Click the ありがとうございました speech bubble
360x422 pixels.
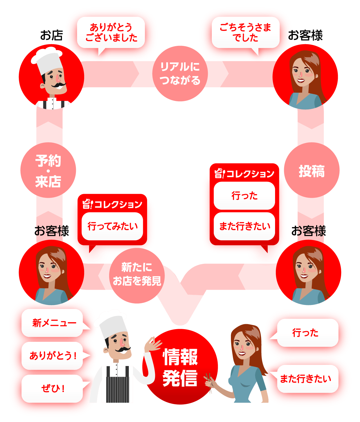click(111, 32)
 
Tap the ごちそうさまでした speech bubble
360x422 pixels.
click(245, 32)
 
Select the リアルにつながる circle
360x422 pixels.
click(180, 73)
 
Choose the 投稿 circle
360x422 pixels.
click(312, 170)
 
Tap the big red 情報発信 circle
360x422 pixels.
click(180, 367)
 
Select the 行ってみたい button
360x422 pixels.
click(112, 226)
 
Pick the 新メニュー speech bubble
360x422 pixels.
click(52, 323)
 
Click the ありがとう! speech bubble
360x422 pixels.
click(52, 356)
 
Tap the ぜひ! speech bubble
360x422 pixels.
click(52, 389)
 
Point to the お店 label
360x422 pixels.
click(51, 35)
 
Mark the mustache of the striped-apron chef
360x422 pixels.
click(123, 350)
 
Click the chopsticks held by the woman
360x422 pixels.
click(209, 383)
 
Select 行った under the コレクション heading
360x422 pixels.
click(244, 196)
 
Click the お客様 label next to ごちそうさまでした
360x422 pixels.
click(305, 35)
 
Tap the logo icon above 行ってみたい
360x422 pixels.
click(87, 204)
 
